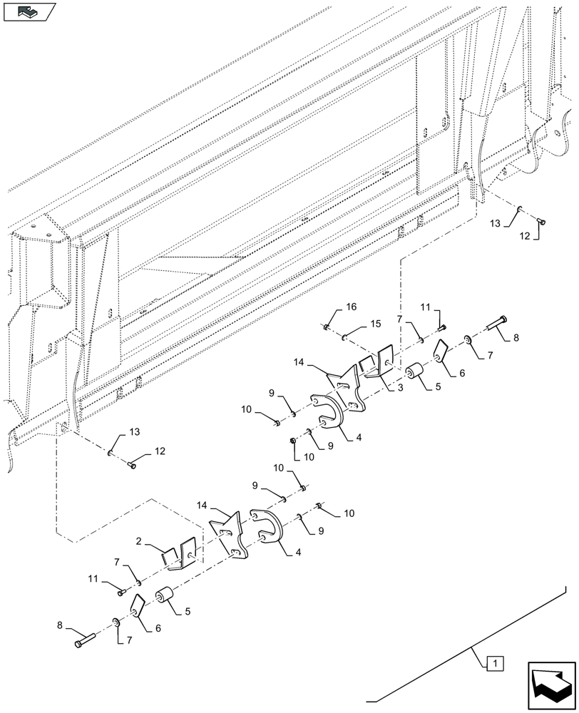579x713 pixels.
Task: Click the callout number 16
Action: [x=351, y=307]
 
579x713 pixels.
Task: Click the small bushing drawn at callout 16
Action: [x=327, y=327]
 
